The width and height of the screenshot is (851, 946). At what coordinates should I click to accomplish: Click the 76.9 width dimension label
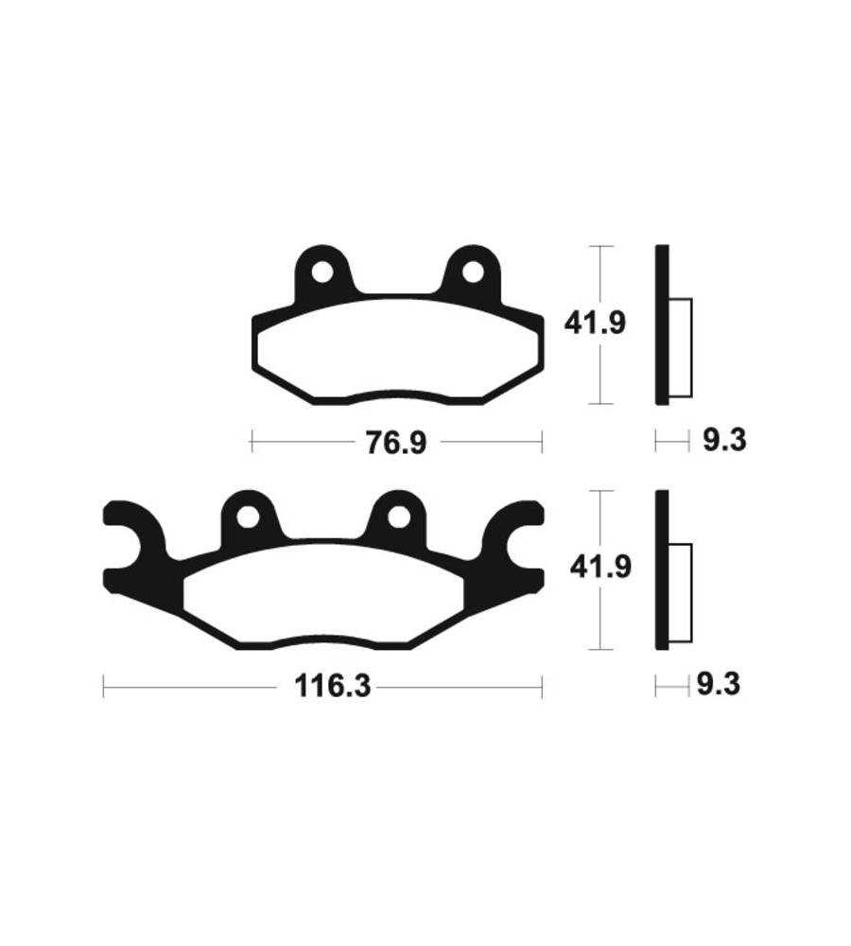396,444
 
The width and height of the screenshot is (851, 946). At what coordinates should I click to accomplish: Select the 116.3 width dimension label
332,686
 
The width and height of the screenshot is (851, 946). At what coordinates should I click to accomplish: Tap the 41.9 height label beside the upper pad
595,324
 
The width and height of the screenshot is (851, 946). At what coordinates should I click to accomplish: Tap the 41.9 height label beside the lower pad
600,568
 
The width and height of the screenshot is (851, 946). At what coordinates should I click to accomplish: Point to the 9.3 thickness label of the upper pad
724,441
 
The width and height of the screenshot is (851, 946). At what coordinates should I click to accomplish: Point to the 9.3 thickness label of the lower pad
719,685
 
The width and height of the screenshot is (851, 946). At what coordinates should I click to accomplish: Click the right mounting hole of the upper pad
473,272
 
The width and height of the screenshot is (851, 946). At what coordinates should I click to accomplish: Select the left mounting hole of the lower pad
248,517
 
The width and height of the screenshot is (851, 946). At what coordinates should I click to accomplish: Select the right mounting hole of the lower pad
398,517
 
